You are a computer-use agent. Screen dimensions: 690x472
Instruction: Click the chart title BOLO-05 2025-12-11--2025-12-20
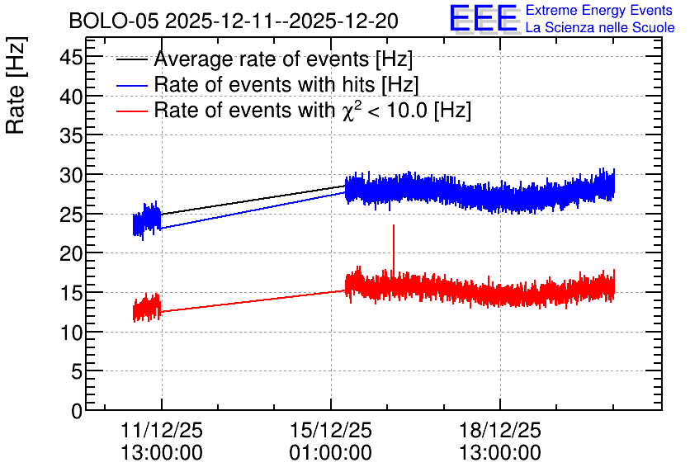tap(234, 21)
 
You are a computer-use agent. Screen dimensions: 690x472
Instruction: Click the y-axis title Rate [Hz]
tap(16, 85)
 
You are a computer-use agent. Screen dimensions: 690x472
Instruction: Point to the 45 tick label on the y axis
tap(71, 57)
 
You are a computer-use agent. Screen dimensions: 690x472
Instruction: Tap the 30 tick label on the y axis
tap(71, 175)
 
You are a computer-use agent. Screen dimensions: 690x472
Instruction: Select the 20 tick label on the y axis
tap(71, 253)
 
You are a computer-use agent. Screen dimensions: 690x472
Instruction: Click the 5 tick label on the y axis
tap(77, 371)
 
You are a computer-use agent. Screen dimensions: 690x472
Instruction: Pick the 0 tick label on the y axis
tap(77, 411)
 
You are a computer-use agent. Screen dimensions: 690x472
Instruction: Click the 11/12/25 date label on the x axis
tap(162, 430)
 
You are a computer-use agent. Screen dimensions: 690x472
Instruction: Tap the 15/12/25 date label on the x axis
tap(330, 430)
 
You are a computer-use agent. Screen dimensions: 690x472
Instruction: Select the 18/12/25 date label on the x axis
tap(500, 430)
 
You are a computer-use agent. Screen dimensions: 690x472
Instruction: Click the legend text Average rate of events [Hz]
tap(283, 59)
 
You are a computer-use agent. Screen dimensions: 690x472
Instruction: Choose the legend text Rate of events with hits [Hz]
tap(286, 84)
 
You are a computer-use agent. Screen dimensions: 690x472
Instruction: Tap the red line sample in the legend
tap(131, 111)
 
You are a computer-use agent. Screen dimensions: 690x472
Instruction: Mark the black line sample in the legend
tap(131, 59)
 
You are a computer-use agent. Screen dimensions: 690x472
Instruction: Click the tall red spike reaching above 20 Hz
tap(394, 248)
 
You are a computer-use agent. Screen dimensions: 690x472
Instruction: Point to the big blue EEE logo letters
tap(484, 19)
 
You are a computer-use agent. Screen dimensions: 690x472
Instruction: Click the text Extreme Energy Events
tap(599, 10)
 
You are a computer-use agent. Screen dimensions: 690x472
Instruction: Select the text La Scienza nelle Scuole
tap(600, 28)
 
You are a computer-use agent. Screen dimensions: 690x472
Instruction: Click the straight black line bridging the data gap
tap(253, 201)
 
